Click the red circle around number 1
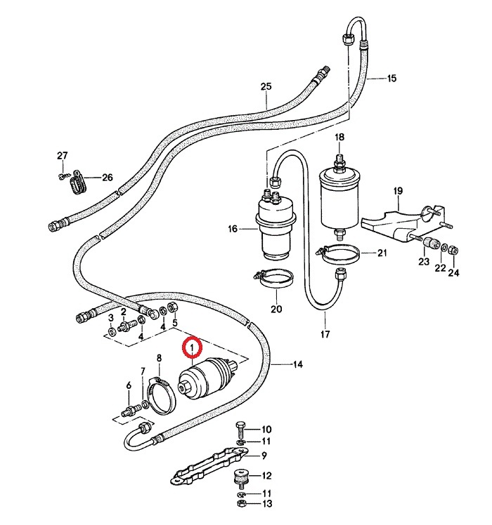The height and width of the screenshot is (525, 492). click(192, 347)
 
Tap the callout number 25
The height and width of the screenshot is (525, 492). click(266, 87)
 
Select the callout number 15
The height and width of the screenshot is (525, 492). click(392, 78)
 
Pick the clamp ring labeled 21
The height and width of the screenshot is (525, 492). click(343, 253)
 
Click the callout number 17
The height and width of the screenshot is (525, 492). click(325, 335)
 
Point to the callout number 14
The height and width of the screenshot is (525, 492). click(297, 364)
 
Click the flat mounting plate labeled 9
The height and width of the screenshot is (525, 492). click(204, 468)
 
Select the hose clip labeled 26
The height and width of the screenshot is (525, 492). click(77, 185)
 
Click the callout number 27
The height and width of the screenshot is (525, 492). click(62, 155)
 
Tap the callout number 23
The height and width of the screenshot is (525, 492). click(424, 262)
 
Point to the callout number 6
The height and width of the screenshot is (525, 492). click(129, 385)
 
